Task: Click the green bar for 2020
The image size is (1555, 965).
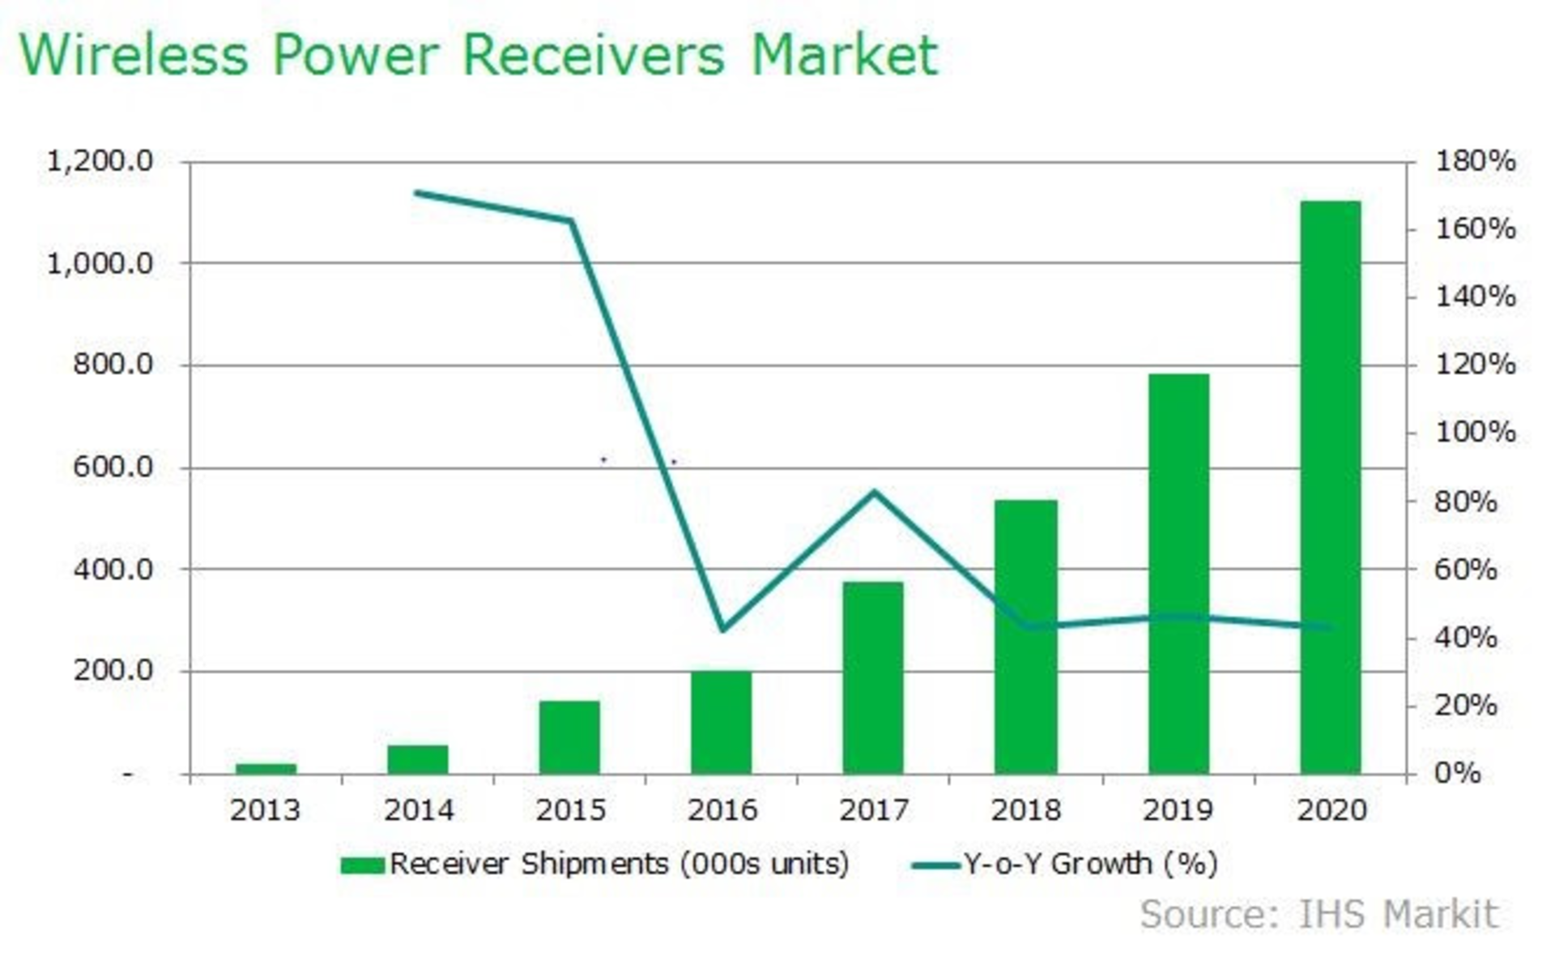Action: click(1330, 486)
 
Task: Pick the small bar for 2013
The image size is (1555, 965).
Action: click(266, 768)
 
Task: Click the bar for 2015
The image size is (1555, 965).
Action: click(569, 737)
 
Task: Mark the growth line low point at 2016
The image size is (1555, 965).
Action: click(722, 629)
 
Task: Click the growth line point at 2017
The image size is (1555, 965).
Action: click(874, 492)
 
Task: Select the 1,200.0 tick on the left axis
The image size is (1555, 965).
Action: click(100, 161)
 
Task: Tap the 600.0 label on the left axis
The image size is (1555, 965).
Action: click(113, 467)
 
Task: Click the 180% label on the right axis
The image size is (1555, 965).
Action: click(1475, 160)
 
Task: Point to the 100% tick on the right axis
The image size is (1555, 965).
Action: click(1475, 432)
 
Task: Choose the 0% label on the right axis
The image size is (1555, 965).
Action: click(1458, 773)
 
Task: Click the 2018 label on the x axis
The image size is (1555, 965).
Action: click(1025, 809)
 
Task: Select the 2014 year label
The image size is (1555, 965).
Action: click(418, 809)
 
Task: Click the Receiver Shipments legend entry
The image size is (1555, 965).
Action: click(595, 864)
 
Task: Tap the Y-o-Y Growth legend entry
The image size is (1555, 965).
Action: click(1065, 864)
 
